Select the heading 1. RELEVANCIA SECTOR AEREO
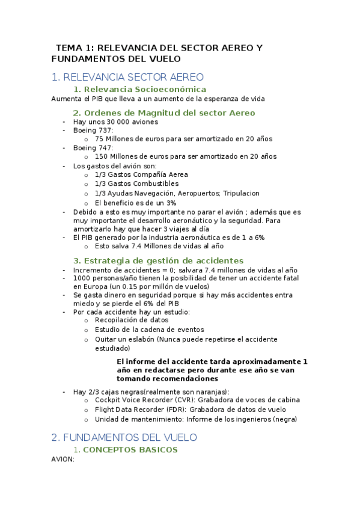point(128,77)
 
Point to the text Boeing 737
point(93,130)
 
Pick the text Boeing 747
point(93,147)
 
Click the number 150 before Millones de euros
point(102,156)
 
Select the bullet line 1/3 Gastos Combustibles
point(136,183)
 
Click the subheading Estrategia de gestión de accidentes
point(158,260)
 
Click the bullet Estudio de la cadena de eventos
point(149,330)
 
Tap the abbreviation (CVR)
point(180,400)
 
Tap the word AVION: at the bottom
point(63,459)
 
